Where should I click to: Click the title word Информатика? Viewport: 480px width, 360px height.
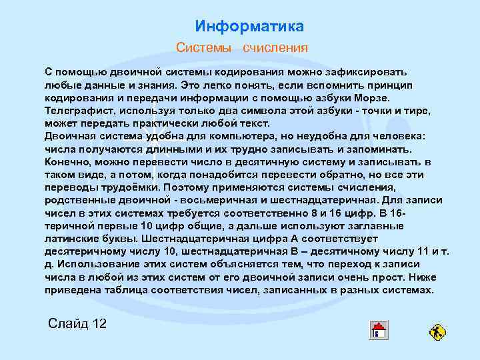point(249,26)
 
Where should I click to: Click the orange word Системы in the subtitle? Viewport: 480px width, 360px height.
point(203,48)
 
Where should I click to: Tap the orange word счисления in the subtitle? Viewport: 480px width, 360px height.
point(275,48)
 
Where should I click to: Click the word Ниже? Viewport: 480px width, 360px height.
point(423,277)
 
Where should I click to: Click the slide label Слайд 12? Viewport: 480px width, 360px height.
point(77,324)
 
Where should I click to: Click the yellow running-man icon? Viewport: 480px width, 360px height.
point(438,331)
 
